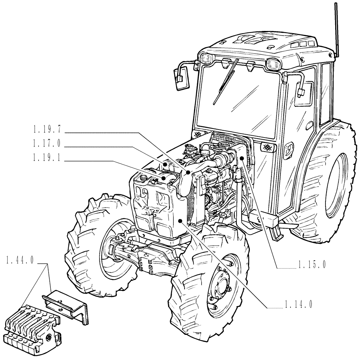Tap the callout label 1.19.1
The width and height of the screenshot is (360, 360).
click(46, 159)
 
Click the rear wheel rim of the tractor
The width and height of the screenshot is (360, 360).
click(338, 180)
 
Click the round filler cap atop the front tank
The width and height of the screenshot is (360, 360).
click(143, 177)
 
